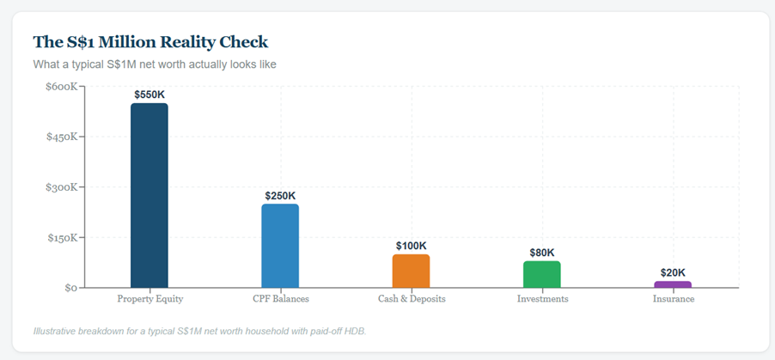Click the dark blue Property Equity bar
click(x=150, y=196)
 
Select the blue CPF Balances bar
click(x=280, y=246)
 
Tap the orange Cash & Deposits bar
click(x=411, y=271)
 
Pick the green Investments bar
click(x=542, y=274)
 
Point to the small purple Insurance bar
click(x=673, y=284)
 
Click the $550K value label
click(x=150, y=94)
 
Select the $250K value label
click(x=280, y=195)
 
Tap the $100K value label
click(x=411, y=246)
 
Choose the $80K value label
click(x=542, y=253)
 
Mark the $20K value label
click(x=673, y=272)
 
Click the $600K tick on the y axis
click(x=63, y=87)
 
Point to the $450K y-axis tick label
click(x=63, y=137)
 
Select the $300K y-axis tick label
click(x=63, y=187)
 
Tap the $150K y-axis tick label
click(x=63, y=238)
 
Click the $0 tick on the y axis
click(x=70, y=288)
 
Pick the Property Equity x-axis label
click(x=150, y=299)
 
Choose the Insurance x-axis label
click(x=673, y=299)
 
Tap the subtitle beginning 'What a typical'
click(x=154, y=64)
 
